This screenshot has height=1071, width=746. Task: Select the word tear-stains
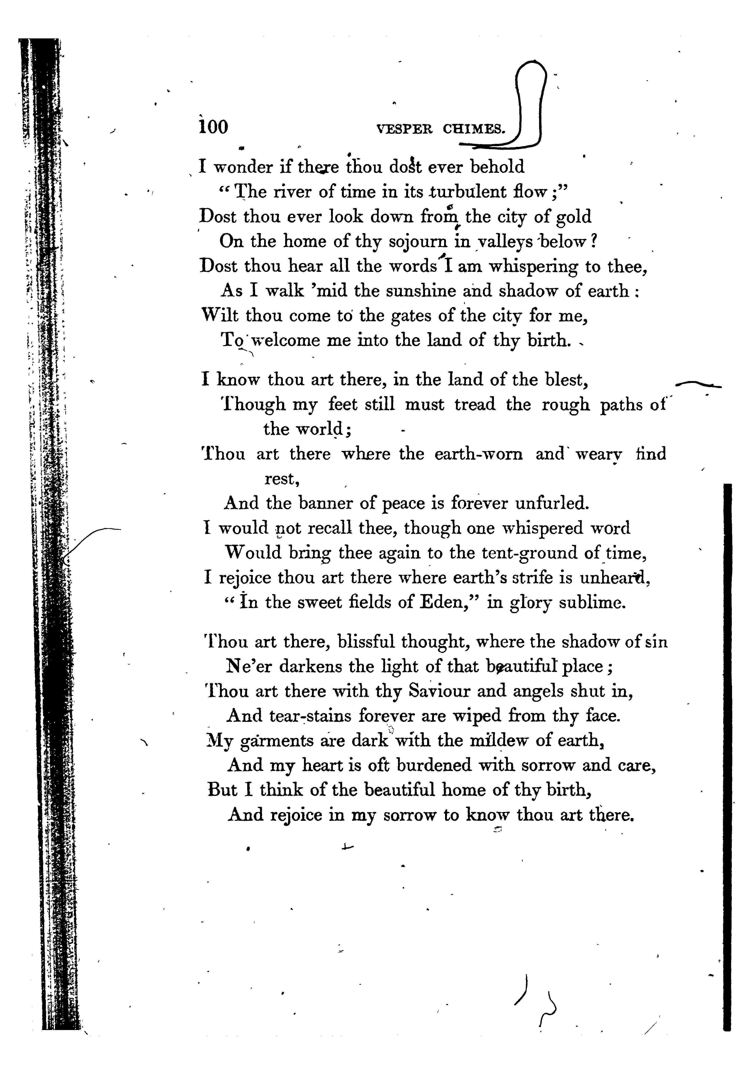(310, 716)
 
